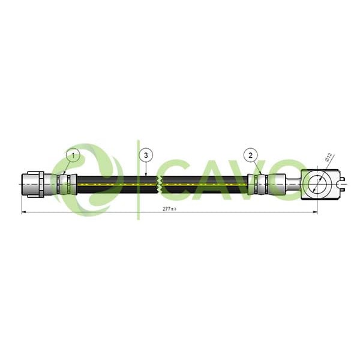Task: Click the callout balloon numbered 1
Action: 73,155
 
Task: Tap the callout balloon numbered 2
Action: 250,155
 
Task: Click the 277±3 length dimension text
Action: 169,209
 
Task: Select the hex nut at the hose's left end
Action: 32,184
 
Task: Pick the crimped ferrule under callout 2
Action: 258,184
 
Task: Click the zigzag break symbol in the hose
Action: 160,184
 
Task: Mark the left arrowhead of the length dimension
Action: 24,212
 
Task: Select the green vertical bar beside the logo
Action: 138,180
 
